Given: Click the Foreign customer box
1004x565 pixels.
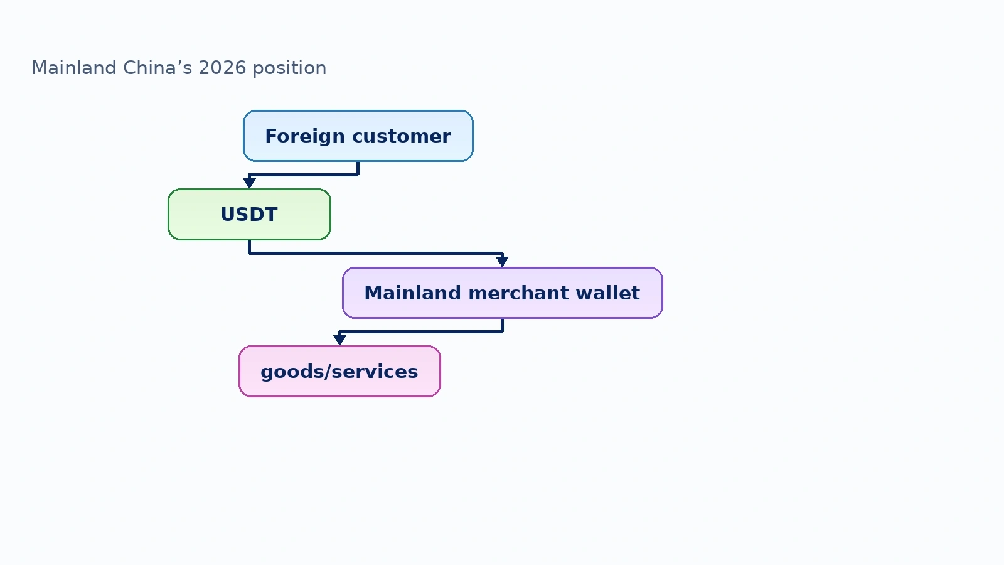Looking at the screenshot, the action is tap(358, 136).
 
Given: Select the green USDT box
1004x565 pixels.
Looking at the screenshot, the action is tap(249, 214).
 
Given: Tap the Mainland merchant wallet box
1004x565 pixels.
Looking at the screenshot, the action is tap(503, 293).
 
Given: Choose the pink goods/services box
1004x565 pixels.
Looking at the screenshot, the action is tap(339, 371).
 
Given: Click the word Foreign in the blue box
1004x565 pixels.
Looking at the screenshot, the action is tap(305, 136).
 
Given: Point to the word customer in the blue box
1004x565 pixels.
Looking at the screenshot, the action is tap(402, 136).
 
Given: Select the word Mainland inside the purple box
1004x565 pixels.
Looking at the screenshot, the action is tap(412, 293).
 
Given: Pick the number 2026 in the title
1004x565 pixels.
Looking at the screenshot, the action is tap(222, 68).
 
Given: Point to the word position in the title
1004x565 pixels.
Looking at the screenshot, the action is tap(289, 69).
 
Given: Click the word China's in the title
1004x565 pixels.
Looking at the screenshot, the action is tap(158, 68).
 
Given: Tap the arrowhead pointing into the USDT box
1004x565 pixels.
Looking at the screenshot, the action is tap(249, 183).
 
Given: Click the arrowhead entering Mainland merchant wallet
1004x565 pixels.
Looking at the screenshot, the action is tap(503, 261).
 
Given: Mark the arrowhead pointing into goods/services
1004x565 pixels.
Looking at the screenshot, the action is tap(339, 340).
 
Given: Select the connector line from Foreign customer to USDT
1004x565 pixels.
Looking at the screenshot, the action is tap(304, 175).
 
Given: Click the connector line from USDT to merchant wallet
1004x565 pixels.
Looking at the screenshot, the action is tap(376, 254).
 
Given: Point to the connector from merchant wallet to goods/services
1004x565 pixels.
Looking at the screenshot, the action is tap(421, 332).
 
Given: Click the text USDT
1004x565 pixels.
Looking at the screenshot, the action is tap(249, 214).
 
